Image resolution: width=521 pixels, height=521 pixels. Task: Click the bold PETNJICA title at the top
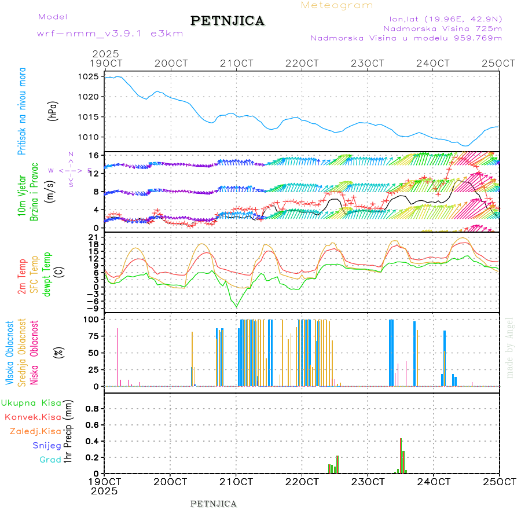[228, 21]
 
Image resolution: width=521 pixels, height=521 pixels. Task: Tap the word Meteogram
[337, 5]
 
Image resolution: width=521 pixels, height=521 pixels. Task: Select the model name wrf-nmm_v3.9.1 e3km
[109, 34]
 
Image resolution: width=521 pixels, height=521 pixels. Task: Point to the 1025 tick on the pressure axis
[89, 76]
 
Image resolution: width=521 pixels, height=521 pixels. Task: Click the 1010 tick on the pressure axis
[89, 137]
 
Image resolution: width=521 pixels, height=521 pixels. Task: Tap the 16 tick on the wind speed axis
[93, 155]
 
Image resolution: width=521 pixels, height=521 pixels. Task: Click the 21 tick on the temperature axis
[93, 237]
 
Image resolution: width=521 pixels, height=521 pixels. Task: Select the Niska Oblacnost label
[34, 354]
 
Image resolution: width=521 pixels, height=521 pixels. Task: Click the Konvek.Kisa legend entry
[32, 417]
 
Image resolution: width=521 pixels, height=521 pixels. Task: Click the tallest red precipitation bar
[401, 456]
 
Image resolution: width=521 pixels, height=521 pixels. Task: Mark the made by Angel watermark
[510, 347]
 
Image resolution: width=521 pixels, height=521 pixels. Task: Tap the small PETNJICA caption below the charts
[214, 504]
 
